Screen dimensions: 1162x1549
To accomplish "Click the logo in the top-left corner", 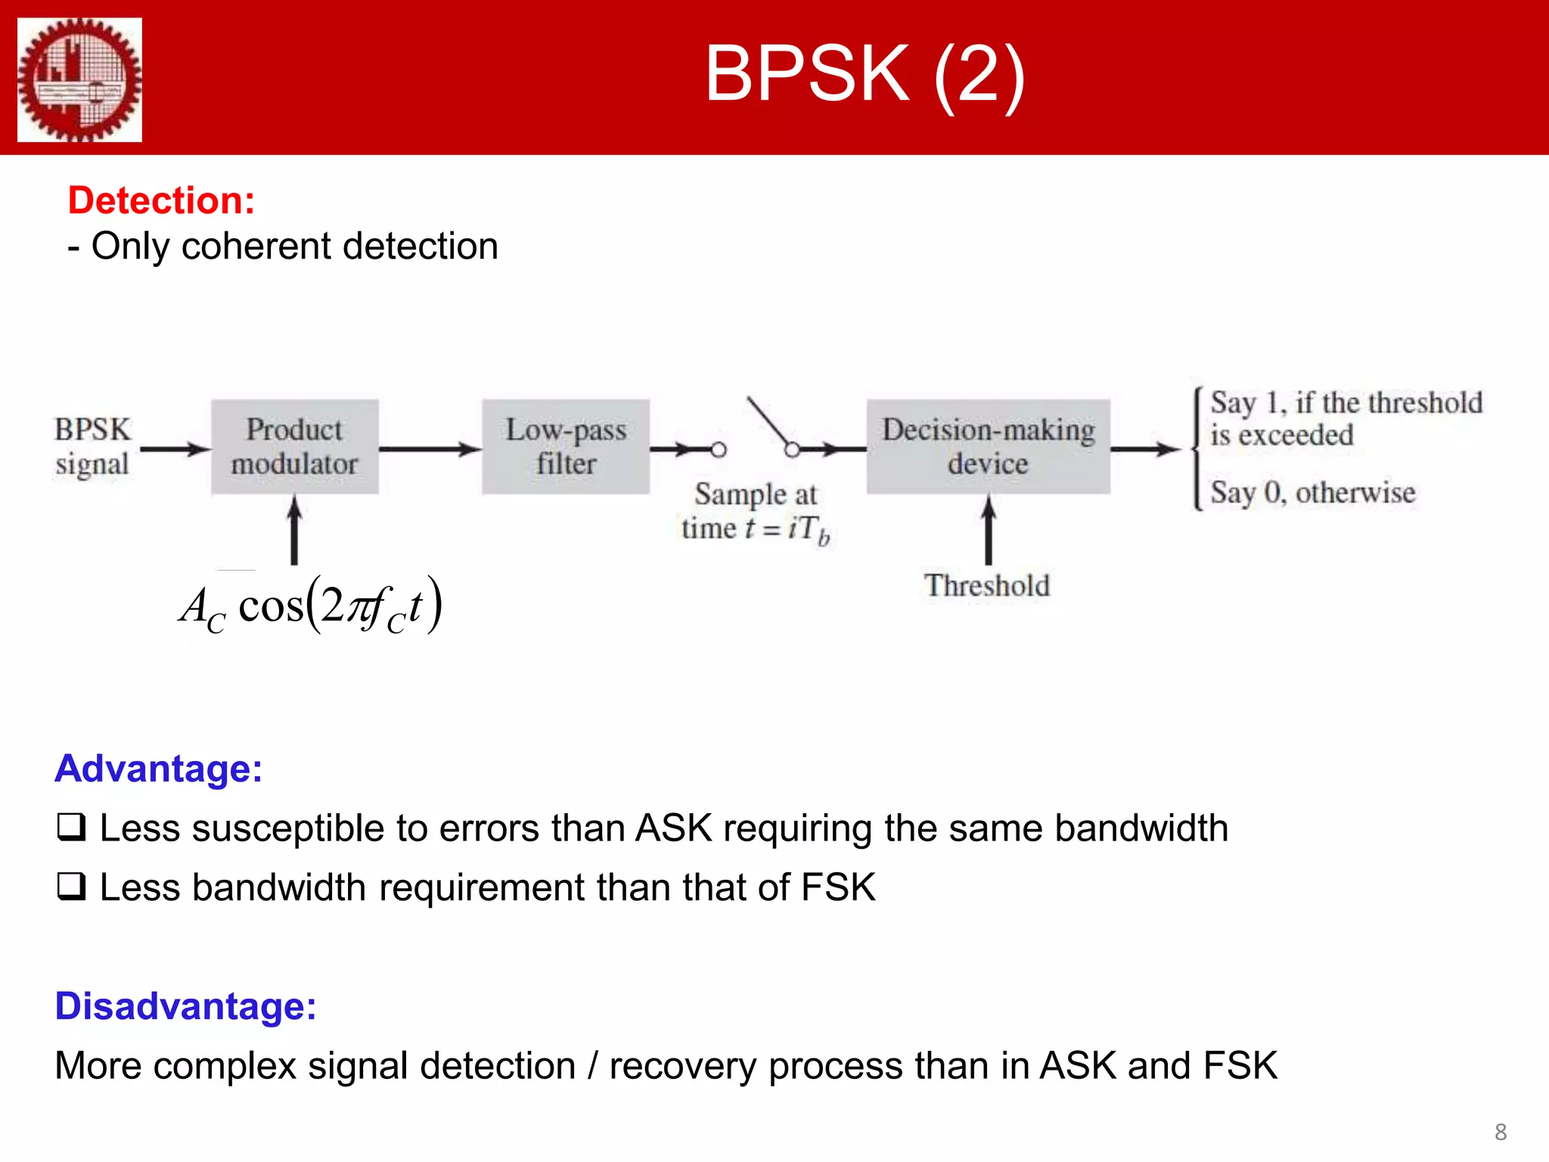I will (79, 79).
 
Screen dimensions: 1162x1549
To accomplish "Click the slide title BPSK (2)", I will (864, 73).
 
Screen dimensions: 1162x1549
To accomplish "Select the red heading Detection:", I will (161, 200).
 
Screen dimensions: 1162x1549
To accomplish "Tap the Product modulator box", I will (294, 446).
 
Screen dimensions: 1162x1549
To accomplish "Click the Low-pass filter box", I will (566, 446).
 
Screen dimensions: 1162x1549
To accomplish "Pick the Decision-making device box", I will (988, 446).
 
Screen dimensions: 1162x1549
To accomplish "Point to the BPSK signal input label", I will (92, 446).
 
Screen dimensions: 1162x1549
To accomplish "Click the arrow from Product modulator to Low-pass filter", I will (429, 449).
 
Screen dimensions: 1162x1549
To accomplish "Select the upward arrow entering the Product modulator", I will (294, 530).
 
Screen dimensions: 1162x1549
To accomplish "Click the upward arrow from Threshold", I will (988, 530).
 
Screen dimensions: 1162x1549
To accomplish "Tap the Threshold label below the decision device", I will (987, 586).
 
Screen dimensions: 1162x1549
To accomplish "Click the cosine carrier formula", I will (310, 606).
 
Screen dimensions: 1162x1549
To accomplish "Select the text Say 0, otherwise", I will (1312, 492).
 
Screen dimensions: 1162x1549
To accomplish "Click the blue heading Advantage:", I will (158, 769).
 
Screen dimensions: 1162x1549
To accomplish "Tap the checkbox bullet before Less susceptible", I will (71, 827).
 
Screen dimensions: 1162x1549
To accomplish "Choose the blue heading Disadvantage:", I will (185, 1006).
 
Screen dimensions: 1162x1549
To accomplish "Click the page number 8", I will (1501, 1132).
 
